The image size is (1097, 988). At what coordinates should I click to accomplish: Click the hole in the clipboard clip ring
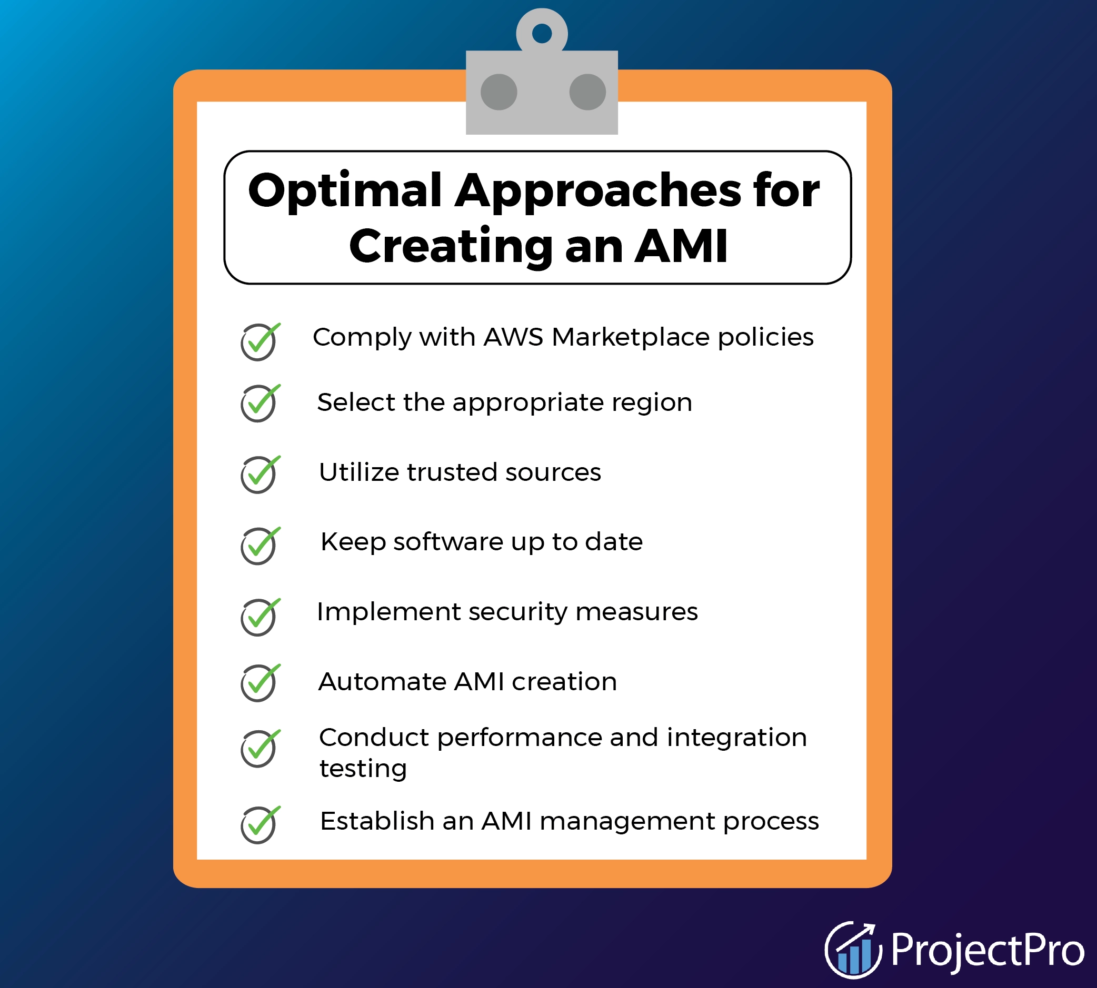[x=542, y=34]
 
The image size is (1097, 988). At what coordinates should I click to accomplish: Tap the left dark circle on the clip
[x=498, y=92]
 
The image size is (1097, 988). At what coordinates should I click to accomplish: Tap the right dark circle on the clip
[x=587, y=92]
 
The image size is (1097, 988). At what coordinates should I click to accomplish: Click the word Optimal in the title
[x=345, y=191]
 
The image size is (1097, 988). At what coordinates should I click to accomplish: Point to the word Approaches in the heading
[x=597, y=191]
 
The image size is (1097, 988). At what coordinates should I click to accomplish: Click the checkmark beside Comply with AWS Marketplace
[x=259, y=341]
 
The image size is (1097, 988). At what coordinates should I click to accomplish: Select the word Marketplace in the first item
[x=630, y=337]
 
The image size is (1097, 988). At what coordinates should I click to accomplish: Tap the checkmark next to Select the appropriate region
[x=259, y=403]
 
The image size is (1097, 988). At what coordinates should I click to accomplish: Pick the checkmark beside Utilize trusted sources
[x=259, y=474]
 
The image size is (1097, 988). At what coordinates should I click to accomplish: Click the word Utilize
[x=358, y=472]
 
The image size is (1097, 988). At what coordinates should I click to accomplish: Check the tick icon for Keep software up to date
[x=259, y=546]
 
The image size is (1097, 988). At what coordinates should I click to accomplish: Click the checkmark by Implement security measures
[x=259, y=617]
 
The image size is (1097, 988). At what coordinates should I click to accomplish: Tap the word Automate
[x=382, y=681]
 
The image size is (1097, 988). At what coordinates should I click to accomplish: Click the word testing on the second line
[x=363, y=769]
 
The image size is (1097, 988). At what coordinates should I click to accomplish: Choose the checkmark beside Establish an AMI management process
[x=259, y=824]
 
